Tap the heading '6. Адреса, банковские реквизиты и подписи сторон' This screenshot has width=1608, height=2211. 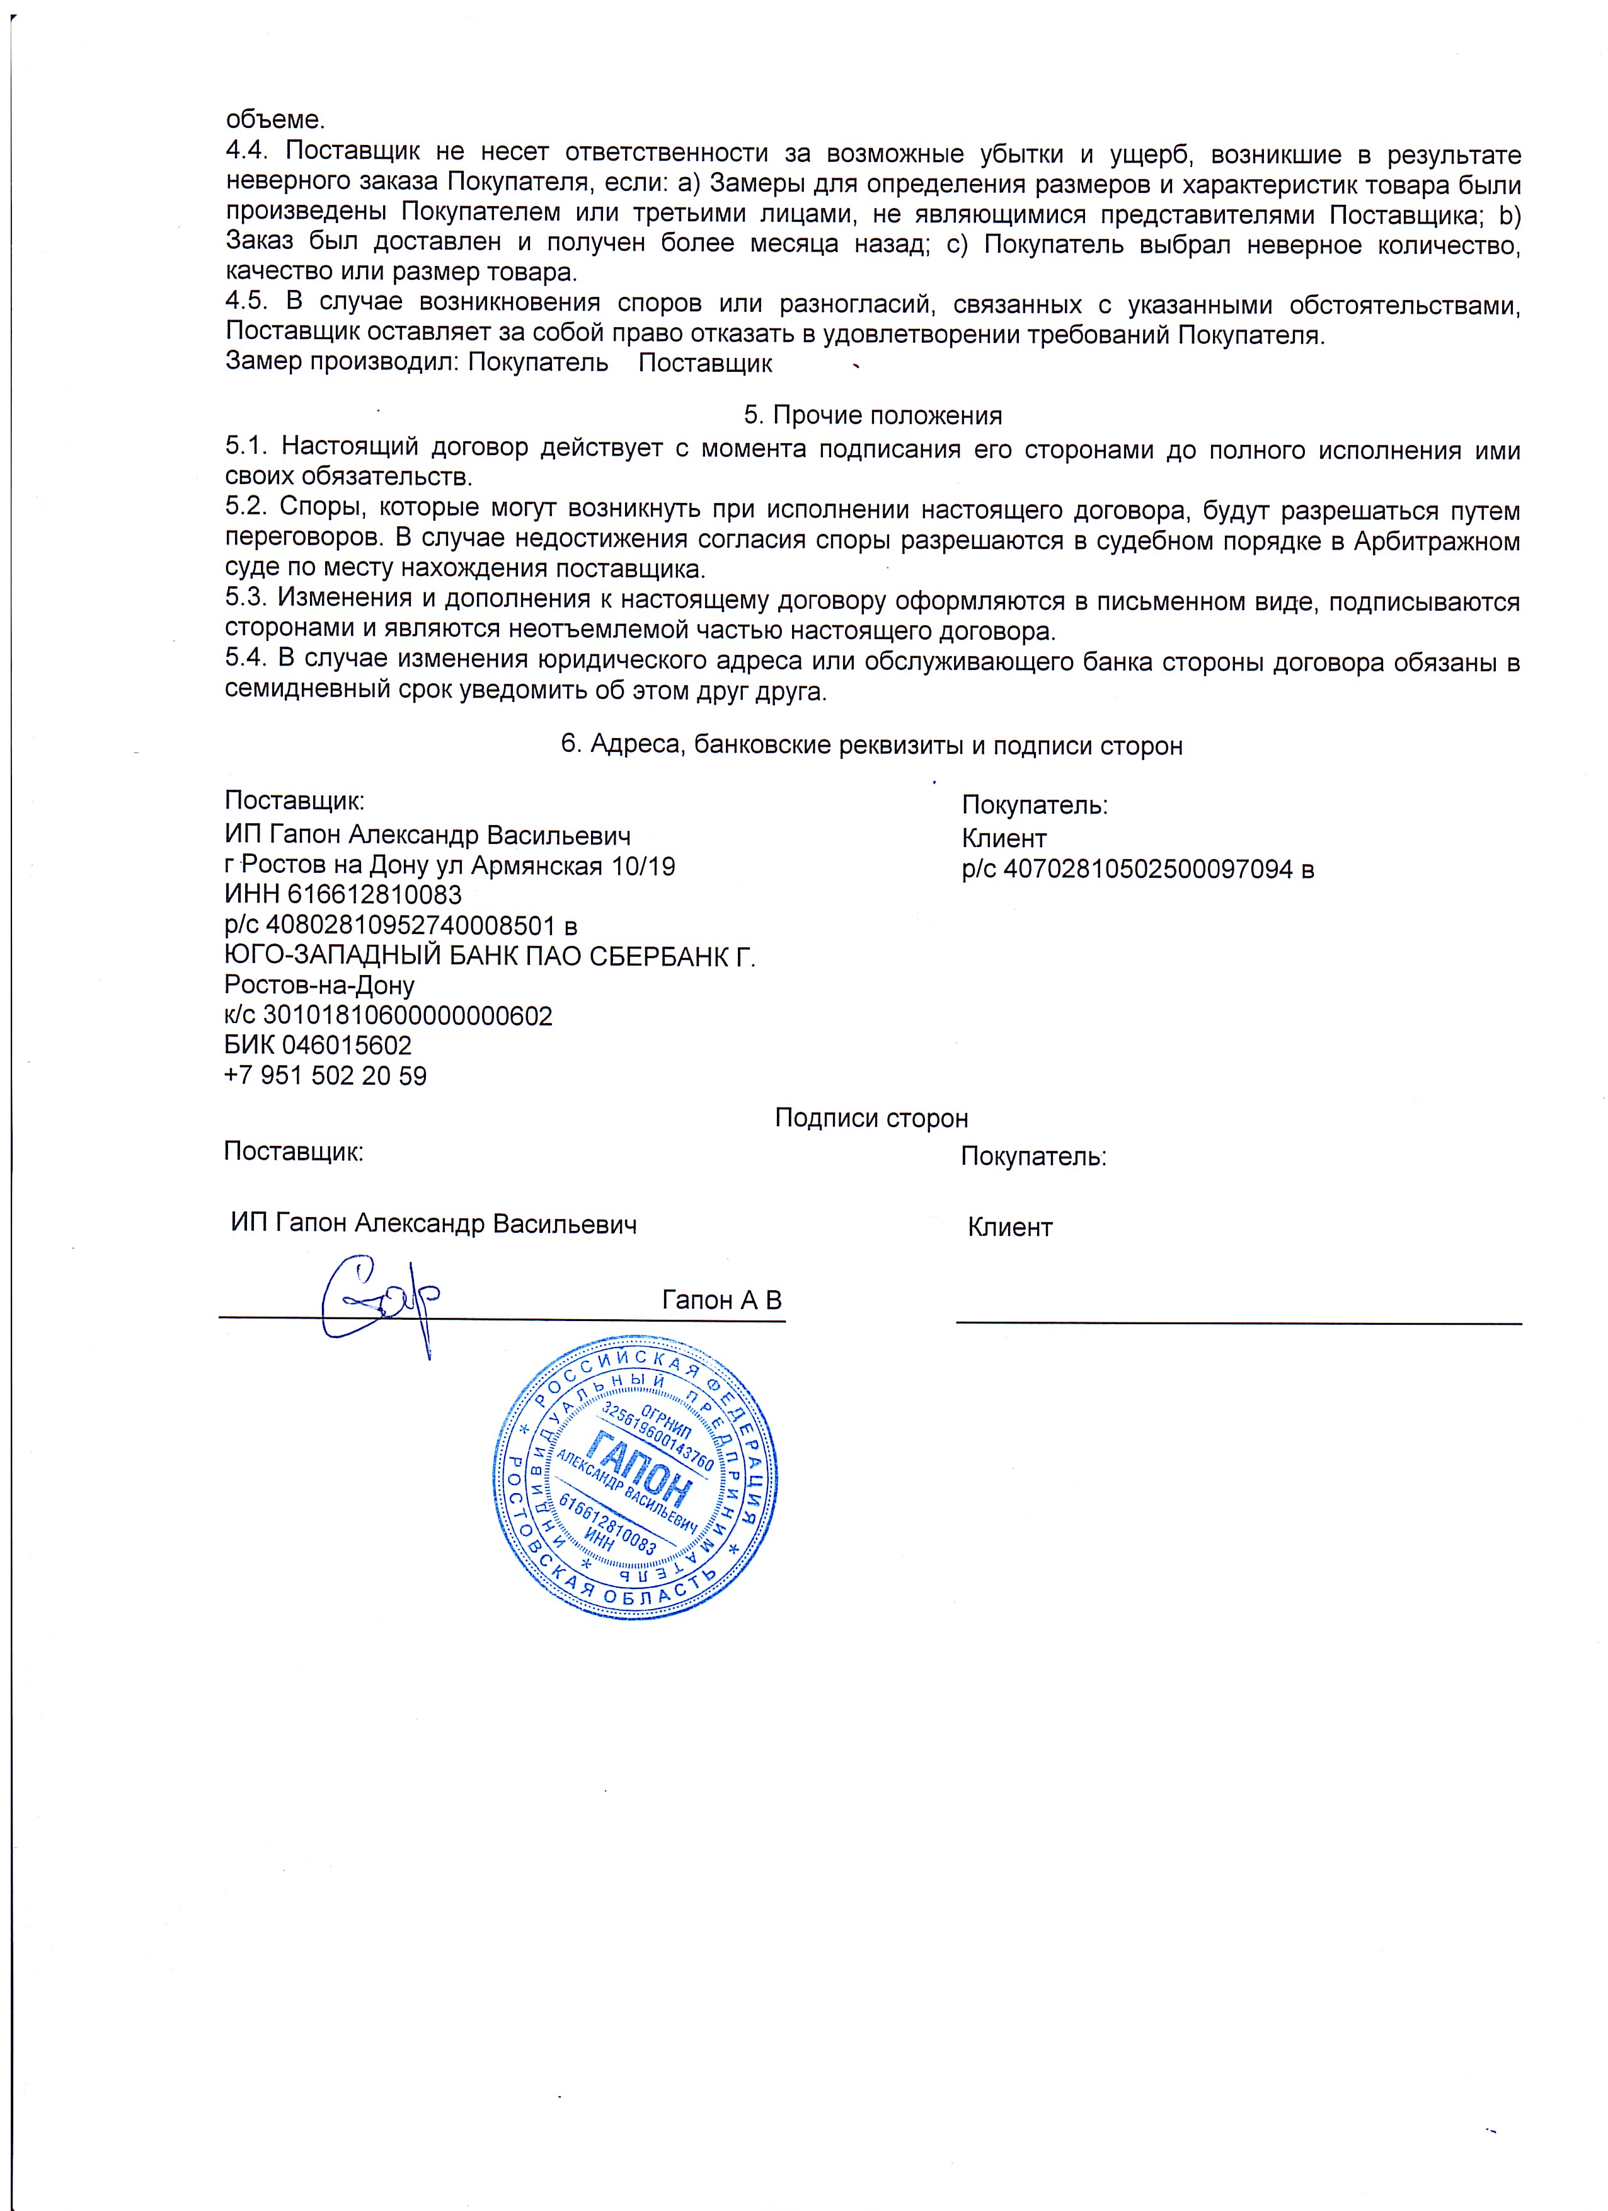coord(871,746)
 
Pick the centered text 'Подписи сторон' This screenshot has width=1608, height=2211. coord(871,1118)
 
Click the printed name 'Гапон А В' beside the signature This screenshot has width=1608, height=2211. coord(721,1300)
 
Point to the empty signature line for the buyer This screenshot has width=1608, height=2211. coord(1238,1321)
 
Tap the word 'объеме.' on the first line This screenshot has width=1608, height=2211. coord(275,121)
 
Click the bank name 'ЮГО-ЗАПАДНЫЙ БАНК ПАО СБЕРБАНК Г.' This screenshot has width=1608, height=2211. coord(490,955)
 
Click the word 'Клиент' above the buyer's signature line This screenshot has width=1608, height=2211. coord(1009,1227)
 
